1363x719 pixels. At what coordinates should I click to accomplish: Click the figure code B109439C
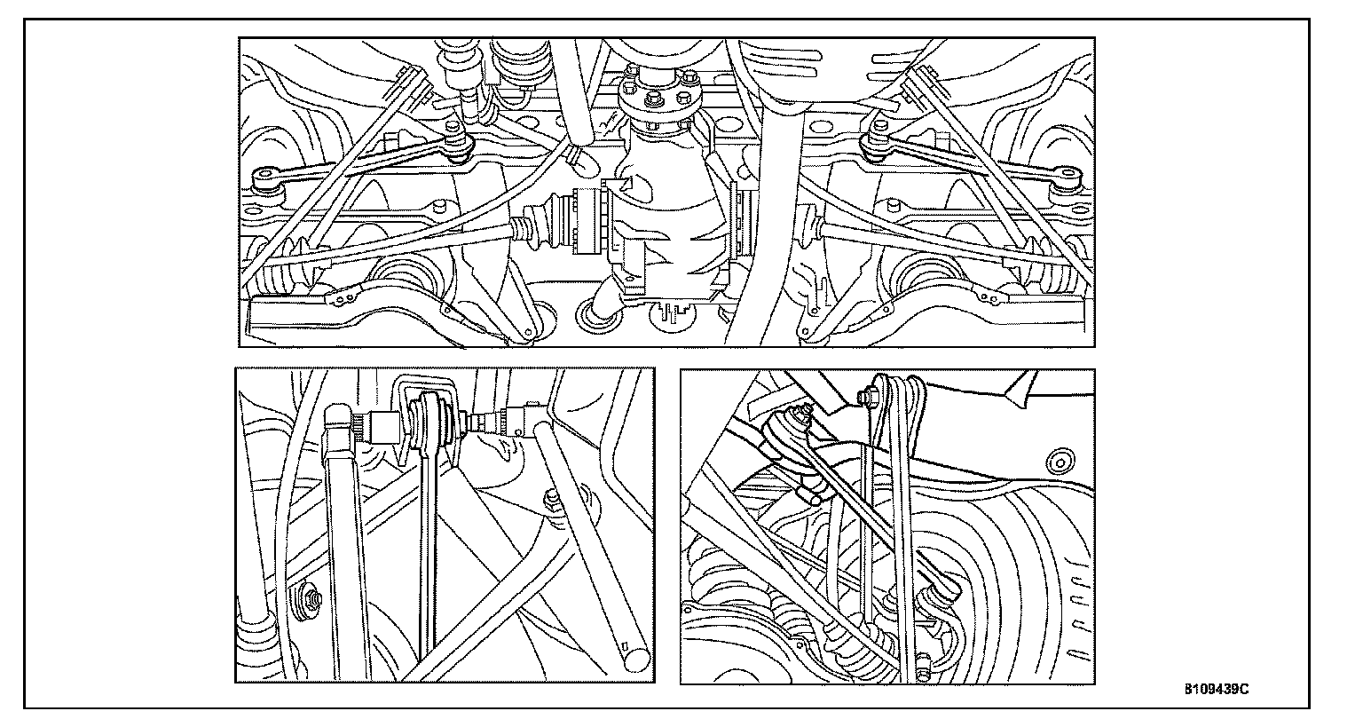point(1217,689)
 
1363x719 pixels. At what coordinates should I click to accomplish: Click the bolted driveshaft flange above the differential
point(658,97)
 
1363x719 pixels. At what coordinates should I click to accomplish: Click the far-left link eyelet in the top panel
point(265,178)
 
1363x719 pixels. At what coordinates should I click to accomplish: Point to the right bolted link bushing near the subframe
point(877,143)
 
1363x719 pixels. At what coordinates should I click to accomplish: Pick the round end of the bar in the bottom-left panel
point(635,660)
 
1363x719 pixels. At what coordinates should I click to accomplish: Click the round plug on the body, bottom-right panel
point(1060,463)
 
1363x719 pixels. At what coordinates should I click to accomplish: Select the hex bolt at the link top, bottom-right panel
point(865,397)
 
